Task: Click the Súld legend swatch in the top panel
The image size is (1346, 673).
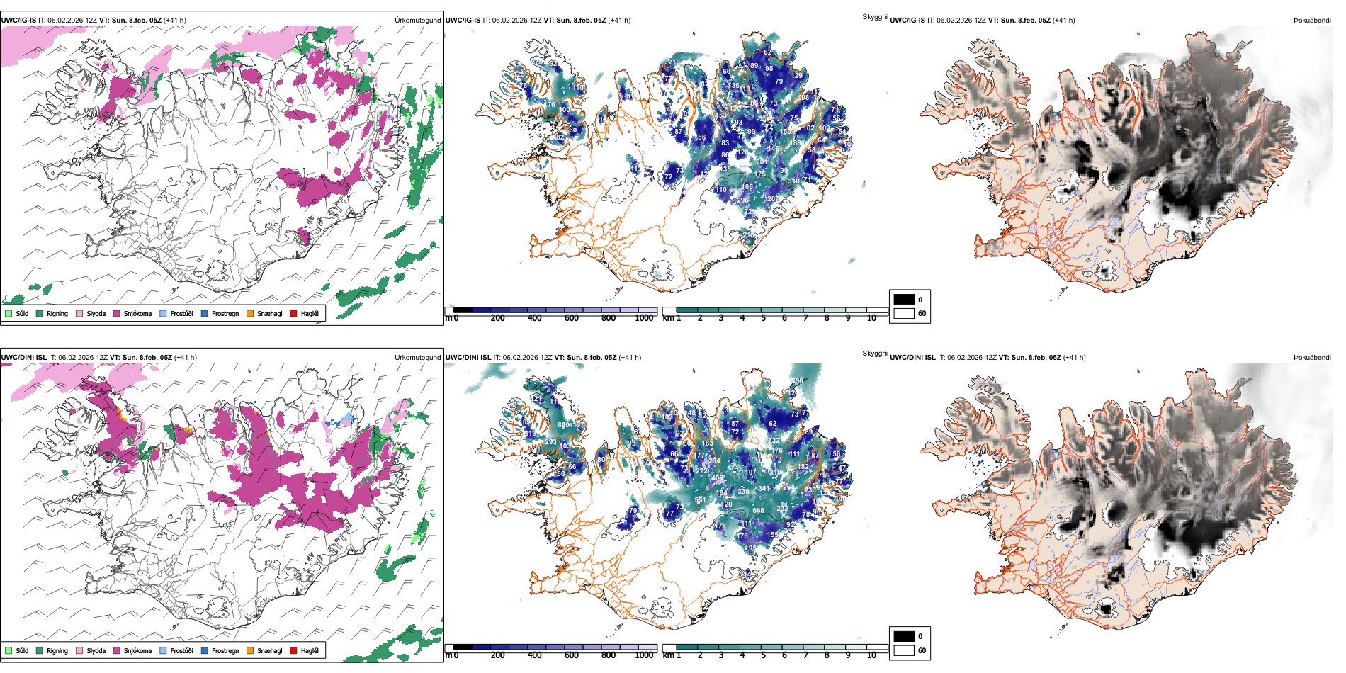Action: tap(9, 313)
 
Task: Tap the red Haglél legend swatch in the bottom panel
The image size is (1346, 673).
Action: tap(293, 650)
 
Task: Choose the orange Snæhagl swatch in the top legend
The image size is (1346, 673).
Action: tap(250, 313)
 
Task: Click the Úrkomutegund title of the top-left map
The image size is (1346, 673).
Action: tap(417, 21)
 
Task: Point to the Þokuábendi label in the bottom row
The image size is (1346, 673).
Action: tap(1312, 358)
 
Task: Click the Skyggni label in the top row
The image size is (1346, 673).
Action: tap(874, 17)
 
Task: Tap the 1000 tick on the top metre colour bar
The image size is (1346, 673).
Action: tap(644, 318)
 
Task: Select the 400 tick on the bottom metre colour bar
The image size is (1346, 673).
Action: tap(535, 655)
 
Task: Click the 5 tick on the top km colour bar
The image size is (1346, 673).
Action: tap(763, 318)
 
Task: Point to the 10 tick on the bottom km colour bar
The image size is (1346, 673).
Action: tap(871, 655)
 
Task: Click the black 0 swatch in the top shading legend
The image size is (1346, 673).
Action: tap(904, 300)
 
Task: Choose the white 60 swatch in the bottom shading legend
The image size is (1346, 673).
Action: tap(904, 650)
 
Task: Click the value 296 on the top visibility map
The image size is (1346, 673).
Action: tap(742, 200)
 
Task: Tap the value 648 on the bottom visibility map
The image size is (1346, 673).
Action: tap(758, 511)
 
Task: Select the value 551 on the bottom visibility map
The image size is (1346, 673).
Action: tap(700, 500)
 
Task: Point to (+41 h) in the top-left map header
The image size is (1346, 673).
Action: tap(175, 21)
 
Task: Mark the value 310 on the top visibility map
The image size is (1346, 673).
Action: tap(793, 181)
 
